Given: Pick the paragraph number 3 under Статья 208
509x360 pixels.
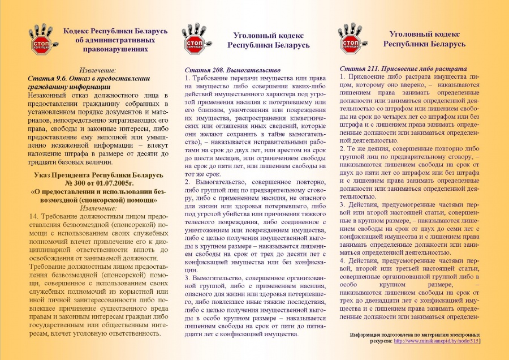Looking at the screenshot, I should click(188, 278).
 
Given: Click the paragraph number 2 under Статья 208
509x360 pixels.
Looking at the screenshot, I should click(188, 183).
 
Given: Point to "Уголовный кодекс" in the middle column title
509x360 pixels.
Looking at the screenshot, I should click(269, 35).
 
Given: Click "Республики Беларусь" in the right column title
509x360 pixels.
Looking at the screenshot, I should click(424, 44).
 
